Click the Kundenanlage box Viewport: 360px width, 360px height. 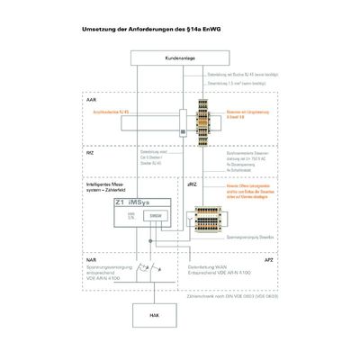[x=179, y=58]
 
